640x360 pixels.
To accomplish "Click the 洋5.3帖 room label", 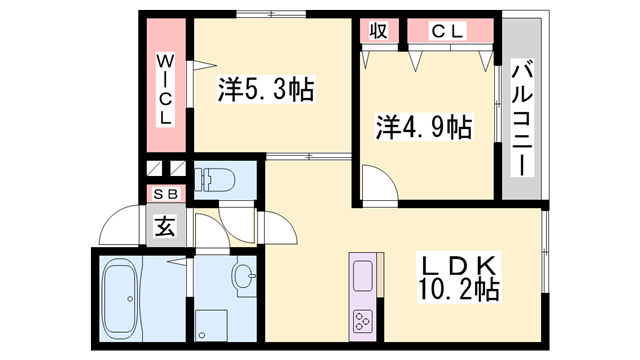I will [x=266, y=92].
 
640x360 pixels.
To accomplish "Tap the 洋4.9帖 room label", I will [x=424, y=127].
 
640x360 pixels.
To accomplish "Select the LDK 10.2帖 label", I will [x=460, y=279].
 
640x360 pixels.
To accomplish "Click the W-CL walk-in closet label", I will [x=165, y=90].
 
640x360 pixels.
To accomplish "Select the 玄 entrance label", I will [x=163, y=226].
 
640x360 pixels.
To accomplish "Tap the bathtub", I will [x=121, y=297].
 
